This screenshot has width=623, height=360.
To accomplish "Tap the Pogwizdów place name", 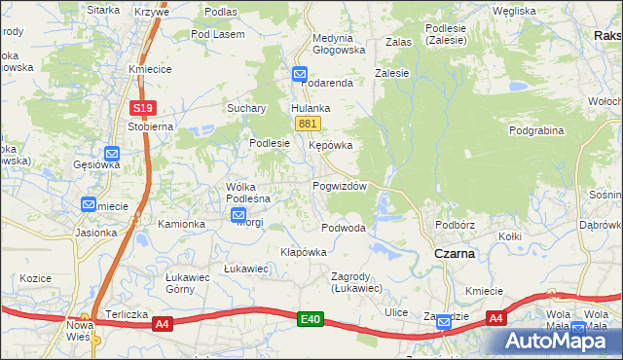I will (339, 186).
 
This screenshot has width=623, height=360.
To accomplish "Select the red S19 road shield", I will (143, 108).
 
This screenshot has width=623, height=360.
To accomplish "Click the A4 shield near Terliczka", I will (163, 325).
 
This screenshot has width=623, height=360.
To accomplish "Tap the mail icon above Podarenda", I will (299, 73).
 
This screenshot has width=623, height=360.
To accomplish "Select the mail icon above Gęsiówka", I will (112, 153).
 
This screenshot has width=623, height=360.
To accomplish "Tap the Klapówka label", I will (303, 251).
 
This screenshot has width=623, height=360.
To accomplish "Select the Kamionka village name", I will (182, 224).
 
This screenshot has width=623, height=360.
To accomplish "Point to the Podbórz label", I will (455, 224).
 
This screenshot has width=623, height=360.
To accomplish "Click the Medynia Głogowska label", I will (338, 44).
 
